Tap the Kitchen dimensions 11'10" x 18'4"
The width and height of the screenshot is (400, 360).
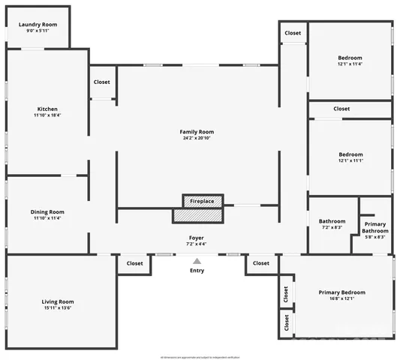point(47,115)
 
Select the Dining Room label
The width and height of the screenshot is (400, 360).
point(47,211)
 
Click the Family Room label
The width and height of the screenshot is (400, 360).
point(197,131)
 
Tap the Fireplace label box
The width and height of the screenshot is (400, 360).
point(202,201)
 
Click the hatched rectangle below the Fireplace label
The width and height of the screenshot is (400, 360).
point(198,215)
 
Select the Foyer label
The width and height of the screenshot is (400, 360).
point(196,237)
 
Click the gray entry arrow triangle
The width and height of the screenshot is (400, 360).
point(197,260)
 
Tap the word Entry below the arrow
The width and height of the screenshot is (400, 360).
point(197,270)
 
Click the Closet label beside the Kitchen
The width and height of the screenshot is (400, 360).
point(101,82)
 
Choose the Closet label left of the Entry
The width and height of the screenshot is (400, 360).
point(134,263)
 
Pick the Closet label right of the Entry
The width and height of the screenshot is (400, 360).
point(260,263)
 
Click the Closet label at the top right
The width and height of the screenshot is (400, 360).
point(293,33)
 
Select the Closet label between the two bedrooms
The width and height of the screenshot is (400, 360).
point(341,109)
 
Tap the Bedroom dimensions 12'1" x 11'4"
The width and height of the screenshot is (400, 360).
point(350,64)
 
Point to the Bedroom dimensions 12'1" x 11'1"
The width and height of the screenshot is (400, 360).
point(350,161)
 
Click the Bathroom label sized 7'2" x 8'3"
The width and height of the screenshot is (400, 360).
point(332,221)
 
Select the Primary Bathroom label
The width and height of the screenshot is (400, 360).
point(374,227)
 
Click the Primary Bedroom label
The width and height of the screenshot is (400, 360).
point(341,292)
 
